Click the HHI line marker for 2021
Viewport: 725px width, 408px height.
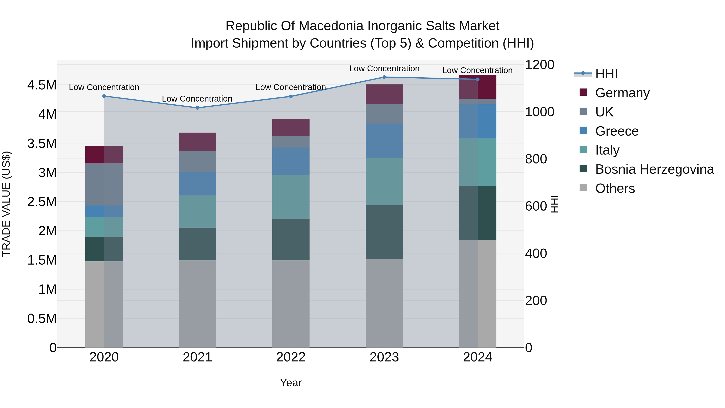point(197,108)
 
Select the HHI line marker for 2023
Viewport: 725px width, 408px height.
point(384,77)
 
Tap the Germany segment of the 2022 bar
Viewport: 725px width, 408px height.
point(291,128)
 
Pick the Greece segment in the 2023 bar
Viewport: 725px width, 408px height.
point(384,141)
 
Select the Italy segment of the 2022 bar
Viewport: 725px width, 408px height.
point(291,197)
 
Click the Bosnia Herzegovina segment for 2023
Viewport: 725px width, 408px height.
point(384,232)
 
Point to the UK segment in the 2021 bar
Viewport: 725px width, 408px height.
point(197,162)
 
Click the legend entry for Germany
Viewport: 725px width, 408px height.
point(622,93)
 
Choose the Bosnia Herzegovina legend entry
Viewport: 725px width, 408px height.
point(654,169)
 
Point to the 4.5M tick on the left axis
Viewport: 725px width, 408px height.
point(42,85)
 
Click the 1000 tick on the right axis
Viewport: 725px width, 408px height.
point(540,112)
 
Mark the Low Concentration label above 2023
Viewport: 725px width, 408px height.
point(384,69)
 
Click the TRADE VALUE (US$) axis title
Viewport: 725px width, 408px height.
point(6,204)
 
